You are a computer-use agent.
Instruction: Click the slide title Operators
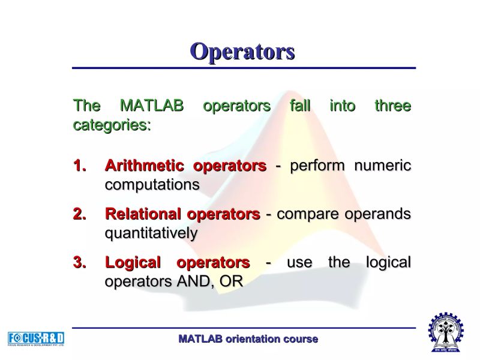pos(242,51)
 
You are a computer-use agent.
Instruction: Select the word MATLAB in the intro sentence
pos(152,106)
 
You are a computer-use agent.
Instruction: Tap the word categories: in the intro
pos(112,125)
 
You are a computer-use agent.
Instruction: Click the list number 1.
pos(80,166)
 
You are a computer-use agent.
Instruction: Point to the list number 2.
pos(80,214)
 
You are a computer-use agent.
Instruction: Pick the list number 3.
pos(80,263)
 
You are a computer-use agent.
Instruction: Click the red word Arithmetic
pos(143,166)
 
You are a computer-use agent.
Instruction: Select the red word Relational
pos(143,214)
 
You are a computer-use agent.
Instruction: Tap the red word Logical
pos(133,263)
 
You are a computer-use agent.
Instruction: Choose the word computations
pos(152,185)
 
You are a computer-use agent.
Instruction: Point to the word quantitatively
pos(151,233)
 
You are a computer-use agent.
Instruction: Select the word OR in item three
pos(231,281)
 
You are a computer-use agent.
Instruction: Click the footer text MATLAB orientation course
pos(248,339)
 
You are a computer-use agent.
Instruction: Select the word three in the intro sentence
pos(393,106)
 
